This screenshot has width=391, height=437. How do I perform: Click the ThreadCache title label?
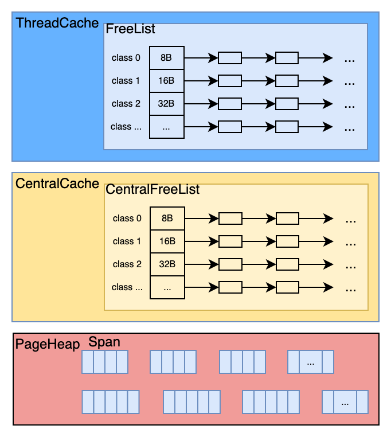pyautogui.click(x=57, y=24)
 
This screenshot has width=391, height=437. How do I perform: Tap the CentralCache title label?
pyautogui.click(x=57, y=184)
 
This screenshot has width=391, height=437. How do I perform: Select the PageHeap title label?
pyautogui.click(x=48, y=345)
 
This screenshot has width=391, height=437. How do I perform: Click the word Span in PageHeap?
pyautogui.click(x=104, y=342)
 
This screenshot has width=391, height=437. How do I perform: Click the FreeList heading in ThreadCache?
pyautogui.click(x=130, y=28)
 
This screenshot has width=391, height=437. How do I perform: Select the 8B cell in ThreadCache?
pyautogui.click(x=166, y=57)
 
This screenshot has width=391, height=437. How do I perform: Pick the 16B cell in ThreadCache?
pyautogui.click(x=166, y=80)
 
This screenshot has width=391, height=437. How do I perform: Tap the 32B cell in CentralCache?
pyautogui.click(x=167, y=264)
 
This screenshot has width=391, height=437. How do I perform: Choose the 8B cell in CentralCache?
pyautogui.click(x=167, y=218)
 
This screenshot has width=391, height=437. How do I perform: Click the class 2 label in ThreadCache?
pyautogui.click(x=126, y=103)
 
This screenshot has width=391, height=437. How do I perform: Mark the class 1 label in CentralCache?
pyautogui.click(x=127, y=241)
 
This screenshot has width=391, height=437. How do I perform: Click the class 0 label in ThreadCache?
pyautogui.click(x=126, y=57)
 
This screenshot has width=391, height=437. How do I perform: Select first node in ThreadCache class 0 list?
pyautogui.click(x=229, y=58)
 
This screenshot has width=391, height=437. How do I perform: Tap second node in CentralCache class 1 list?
pyautogui.click(x=288, y=241)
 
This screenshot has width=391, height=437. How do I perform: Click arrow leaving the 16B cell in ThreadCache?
pyautogui.click(x=200, y=81)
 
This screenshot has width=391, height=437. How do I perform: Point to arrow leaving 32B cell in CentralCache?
pyautogui.click(x=201, y=264)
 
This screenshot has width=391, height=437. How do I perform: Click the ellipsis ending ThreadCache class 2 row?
pyautogui.click(x=350, y=106)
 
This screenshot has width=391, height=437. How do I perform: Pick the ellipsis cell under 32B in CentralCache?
pyautogui.click(x=167, y=287)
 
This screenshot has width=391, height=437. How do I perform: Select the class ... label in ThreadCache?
pyautogui.click(x=126, y=126)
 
